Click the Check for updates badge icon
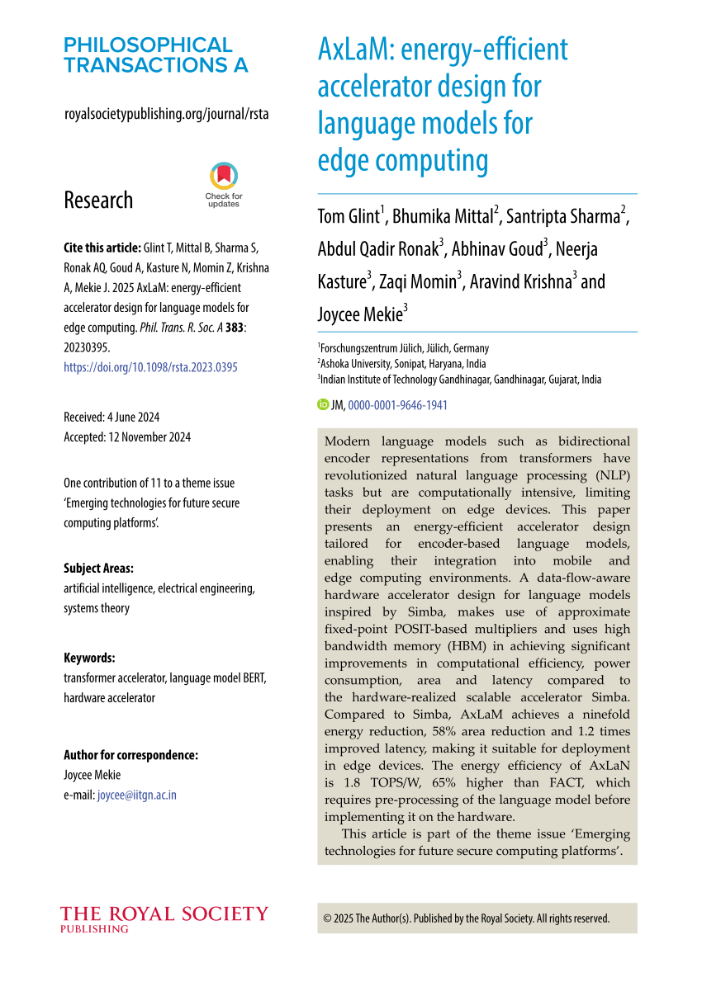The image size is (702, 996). pos(224,177)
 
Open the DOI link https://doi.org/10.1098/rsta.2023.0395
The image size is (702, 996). pos(150,367)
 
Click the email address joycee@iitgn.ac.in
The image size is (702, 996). pos(137,795)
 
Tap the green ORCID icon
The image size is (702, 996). pos(323,405)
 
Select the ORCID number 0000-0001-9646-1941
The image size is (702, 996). pos(398,405)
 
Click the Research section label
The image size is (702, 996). pos(98,200)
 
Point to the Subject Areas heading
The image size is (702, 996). pos(98,569)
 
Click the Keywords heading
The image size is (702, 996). pos(89,658)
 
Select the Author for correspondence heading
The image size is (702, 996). pos(130,755)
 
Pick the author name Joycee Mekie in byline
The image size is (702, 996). pos(359,314)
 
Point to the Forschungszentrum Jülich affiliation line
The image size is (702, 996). pos(404,348)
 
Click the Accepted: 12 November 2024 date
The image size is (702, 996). pos(127,437)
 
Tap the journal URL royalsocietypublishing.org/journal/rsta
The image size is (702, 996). pos(166,114)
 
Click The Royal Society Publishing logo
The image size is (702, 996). pos(164,918)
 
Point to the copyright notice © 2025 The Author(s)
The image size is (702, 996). pos(467,918)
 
